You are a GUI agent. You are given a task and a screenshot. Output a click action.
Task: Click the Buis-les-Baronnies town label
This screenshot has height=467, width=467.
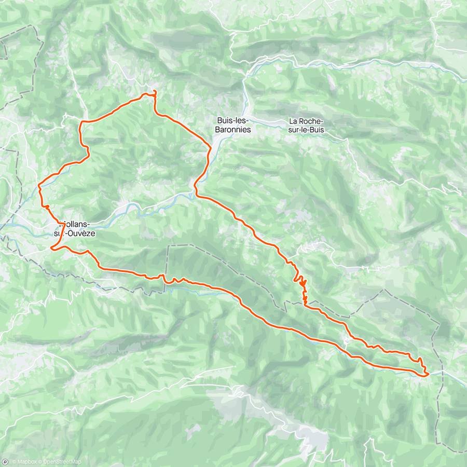click(233, 125)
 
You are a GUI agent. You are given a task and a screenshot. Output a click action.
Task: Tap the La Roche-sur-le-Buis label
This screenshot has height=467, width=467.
click(306, 125)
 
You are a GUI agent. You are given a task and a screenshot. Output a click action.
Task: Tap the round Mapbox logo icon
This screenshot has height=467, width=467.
click(5, 462)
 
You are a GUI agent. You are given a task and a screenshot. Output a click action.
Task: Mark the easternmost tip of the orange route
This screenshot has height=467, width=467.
click(429, 373)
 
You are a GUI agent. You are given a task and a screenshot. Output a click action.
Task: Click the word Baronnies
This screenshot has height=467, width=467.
click(233, 130)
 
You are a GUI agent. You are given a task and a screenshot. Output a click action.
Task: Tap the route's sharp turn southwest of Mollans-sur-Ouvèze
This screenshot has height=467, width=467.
click(51, 249)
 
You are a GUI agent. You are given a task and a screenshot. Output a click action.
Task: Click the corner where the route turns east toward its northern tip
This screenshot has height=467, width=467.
click(81, 122)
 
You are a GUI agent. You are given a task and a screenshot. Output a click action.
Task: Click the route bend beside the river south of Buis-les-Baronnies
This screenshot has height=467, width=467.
click(195, 187)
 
